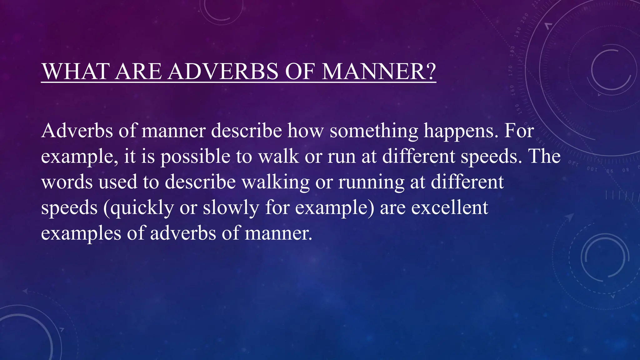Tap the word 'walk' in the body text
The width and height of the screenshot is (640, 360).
[278, 156]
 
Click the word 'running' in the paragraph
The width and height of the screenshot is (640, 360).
[371, 182]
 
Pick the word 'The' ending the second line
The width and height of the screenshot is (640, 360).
[544, 156]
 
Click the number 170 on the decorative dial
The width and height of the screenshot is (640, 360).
[511, 71]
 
